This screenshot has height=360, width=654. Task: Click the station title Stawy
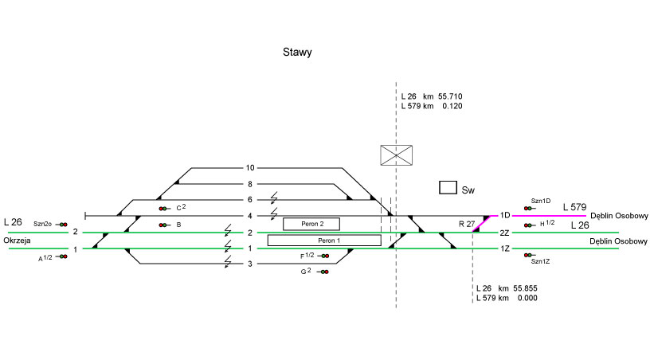pyautogui.click(x=296, y=53)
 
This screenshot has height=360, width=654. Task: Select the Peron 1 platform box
pyautogui.click(x=324, y=241)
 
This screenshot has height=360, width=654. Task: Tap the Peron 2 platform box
pyautogui.click(x=311, y=224)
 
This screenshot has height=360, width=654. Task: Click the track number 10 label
pyautogui.click(x=250, y=168)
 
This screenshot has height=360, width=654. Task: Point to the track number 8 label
pyautogui.click(x=249, y=184)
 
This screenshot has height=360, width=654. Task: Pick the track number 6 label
pyautogui.click(x=249, y=200)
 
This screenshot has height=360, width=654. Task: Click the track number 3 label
pyautogui.click(x=249, y=264)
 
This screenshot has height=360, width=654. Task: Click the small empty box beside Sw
pyautogui.click(x=448, y=188)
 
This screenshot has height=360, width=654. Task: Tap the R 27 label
pyautogui.click(x=467, y=224)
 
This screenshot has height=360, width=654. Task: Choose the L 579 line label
pyautogui.click(x=575, y=208)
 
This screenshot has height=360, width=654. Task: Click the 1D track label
pyautogui.click(x=504, y=216)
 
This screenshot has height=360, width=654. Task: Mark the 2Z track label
pyautogui.click(x=504, y=233)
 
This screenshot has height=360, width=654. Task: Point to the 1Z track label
pyautogui.click(x=504, y=248)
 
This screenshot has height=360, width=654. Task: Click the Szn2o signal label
pyautogui.click(x=43, y=225)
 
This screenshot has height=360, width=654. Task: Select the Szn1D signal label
pyautogui.click(x=541, y=201)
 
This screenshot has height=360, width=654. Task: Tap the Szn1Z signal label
pyautogui.click(x=541, y=261)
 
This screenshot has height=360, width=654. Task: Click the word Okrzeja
pyautogui.click(x=18, y=240)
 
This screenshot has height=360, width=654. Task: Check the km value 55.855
pyautogui.click(x=523, y=288)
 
